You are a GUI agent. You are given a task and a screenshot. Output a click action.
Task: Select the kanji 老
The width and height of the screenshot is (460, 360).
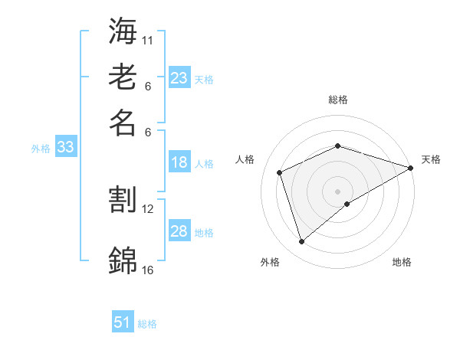tap(123, 77)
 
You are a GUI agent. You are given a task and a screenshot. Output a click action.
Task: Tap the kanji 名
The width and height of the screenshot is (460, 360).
tap(123, 123)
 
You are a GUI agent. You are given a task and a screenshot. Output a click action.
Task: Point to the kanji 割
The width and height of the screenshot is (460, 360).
tap(123, 200)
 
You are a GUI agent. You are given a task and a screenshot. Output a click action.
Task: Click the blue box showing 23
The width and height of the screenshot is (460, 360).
tap(179, 78)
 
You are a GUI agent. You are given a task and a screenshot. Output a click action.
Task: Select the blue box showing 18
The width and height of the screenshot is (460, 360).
tap(179, 162)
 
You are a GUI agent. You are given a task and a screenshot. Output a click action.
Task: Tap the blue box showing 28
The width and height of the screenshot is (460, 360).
tap(179, 231)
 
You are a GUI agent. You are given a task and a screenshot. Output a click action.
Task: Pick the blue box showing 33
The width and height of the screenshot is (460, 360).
tap(65, 148)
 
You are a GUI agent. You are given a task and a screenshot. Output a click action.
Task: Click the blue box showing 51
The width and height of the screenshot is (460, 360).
tap(123, 322)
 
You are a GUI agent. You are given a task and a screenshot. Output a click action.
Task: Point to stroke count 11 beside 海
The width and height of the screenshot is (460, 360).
tap(148, 39)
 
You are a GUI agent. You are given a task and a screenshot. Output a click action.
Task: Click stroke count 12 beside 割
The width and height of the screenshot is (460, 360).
tap(148, 208)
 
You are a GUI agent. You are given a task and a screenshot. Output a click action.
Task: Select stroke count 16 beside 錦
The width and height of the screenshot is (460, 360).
tap(148, 270)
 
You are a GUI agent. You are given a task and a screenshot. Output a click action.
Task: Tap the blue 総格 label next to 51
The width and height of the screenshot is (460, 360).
tap(147, 324)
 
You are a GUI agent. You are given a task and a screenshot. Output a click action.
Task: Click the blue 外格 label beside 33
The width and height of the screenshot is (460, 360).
tap(41, 149)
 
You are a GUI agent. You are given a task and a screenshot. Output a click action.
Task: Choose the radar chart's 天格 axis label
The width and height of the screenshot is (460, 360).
tap(431, 159)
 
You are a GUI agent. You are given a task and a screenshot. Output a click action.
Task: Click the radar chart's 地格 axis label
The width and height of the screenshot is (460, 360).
tap(402, 262)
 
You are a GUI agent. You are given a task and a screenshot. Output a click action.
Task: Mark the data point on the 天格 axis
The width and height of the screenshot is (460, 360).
tap(411, 168)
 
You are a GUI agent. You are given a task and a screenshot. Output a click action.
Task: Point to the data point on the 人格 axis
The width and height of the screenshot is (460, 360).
tap(280, 172)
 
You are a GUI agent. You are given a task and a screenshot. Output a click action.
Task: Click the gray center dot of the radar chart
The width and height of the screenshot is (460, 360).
tap(338, 191)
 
